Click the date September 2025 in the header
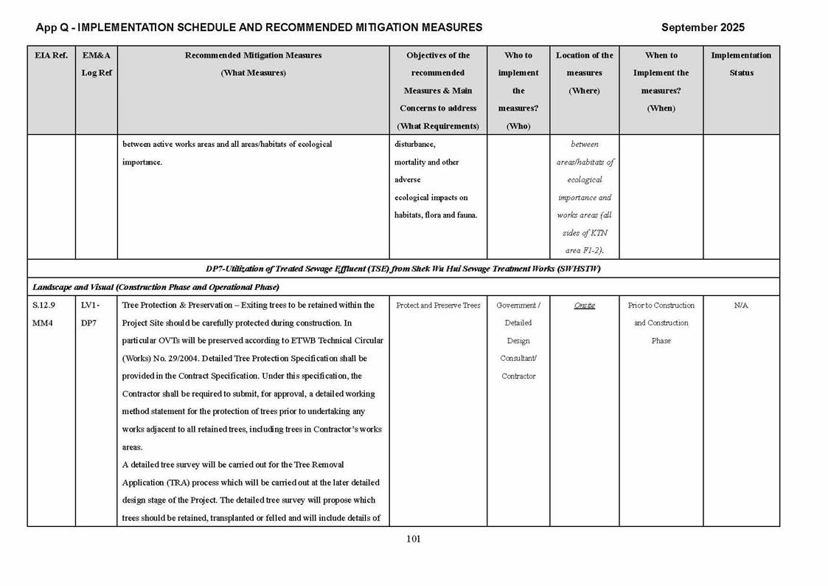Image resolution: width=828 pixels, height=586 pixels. pyautogui.click(x=702, y=27)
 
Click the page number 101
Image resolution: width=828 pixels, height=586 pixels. pyautogui.click(x=413, y=539)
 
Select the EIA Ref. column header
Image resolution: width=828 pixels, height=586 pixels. pyautogui.click(x=51, y=55)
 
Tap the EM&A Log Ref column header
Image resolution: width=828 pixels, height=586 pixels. pyautogui.click(x=96, y=64)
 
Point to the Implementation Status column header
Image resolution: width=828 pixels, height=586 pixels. pyautogui.click(x=741, y=64)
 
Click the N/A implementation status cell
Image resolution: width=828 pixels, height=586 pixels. pyautogui.click(x=741, y=306)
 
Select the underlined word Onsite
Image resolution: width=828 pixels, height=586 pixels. pyautogui.click(x=584, y=306)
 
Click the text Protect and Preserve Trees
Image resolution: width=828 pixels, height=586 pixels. pyautogui.click(x=438, y=306)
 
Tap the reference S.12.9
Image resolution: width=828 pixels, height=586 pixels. pyautogui.click(x=44, y=306)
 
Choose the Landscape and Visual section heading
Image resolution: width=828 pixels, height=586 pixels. pyautogui.click(x=156, y=286)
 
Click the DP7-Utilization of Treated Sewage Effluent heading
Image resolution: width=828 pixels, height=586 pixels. pyautogui.click(x=403, y=269)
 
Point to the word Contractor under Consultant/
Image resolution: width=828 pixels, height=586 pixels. pyautogui.click(x=518, y=376)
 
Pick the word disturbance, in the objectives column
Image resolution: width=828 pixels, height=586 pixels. pyautogui.click(x=415, y=144)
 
